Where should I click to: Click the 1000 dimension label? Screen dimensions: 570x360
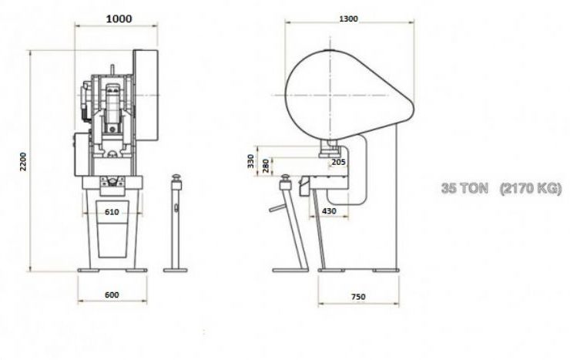click(119, 19)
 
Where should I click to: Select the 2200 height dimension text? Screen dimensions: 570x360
click(23, 161)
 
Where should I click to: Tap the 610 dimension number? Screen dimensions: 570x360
click(112, 212)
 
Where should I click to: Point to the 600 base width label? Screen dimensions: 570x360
click(112, 294)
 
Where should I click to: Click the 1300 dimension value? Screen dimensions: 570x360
click(349, 19)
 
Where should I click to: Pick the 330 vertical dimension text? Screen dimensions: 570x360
click(251, 161)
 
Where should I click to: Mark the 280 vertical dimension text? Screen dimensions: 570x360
click(266, 166)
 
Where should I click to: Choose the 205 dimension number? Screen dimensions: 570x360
click(338, 162)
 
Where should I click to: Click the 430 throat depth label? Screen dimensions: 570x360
click(329, 210)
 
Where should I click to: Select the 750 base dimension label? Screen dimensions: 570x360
click(358, 297)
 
